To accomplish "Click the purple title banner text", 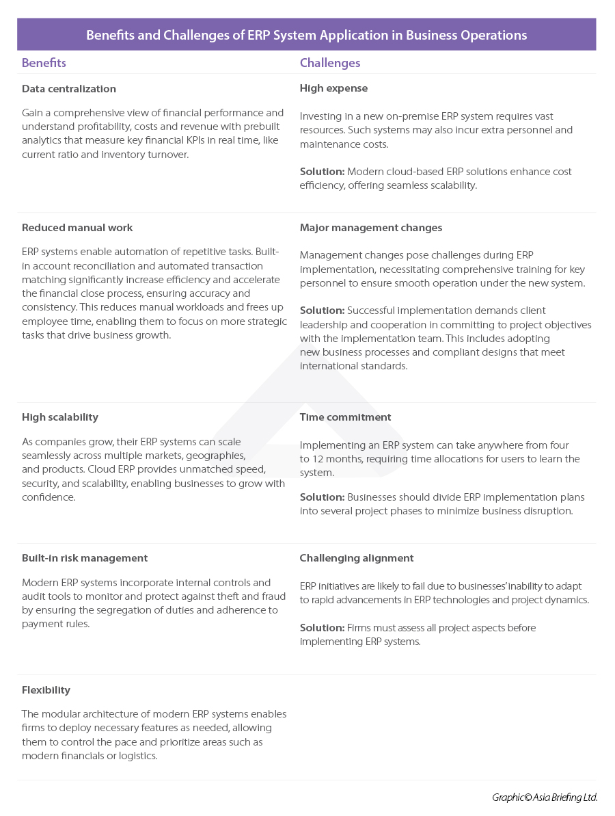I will pyautogui.click(x=306, y=35).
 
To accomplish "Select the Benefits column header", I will pyautogui.click(x=44, y=63).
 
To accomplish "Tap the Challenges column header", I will pyautogui.click(x=330, y=63).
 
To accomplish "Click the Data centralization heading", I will pyautogui.click(x=69, y=89).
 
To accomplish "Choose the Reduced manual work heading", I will pyautogui.click(x=77, y=228).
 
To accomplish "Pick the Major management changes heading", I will pyautogui.click(x=371, y=228).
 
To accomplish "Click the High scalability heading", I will pyautogui.click(x=60, y=417).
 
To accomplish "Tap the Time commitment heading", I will pyautogui.click(x=345, y=417).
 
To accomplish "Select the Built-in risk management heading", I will pyautogui.click(x=85, y=558).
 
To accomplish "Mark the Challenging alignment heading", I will pyautogui.click(x=357, y=558).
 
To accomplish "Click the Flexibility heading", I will pyautogui.click(x=46, y=690).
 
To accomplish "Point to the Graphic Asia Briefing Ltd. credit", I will pyautogui.click(x=545, y=798).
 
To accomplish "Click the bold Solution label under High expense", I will pyautogui.click(x=322, y=172).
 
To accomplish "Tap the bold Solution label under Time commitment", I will pyautogui.click(x=322, y=497).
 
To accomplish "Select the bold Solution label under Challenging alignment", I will pyautogui.click(x=322, y=628).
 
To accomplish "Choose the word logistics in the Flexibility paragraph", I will pyautogui.click(x=137, y=756).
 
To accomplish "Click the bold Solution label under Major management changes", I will pyautogui.click(x=322, y=311).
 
